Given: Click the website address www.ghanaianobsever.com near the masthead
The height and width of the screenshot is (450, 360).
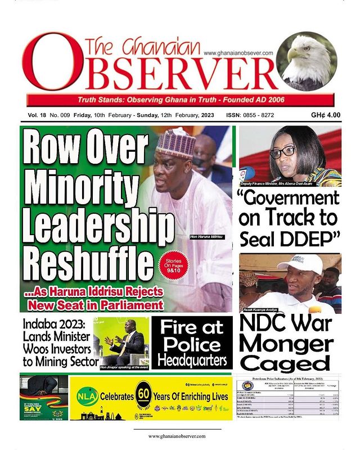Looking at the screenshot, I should point(238,53).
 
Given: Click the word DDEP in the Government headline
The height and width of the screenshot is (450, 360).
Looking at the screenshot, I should point(303,238).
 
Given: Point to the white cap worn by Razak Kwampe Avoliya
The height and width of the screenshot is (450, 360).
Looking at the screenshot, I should point(300,264).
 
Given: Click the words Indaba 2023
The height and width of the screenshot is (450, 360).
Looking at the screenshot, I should point(51,325).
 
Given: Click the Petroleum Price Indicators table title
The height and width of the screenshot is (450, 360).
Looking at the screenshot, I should point(289,379).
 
